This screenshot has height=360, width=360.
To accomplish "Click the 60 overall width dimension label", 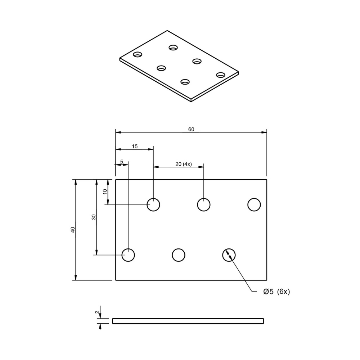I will pos(191,129).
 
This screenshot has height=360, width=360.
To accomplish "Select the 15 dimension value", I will pos(135,146).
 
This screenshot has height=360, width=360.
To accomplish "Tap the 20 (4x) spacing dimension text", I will pos(184,164).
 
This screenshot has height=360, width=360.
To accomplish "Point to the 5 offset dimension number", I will pos(122,162).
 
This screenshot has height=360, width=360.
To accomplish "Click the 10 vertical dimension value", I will pos(105,192).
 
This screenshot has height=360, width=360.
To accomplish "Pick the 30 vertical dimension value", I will pos(94,217).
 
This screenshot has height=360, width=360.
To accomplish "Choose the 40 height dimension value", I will pos(73,230).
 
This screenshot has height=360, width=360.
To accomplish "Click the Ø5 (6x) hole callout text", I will pos(276,292).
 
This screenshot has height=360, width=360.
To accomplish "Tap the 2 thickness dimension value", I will pos(96,312).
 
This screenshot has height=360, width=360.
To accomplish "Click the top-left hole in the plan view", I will pos(153,204).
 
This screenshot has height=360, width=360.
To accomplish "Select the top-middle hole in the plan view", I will pos(204,204).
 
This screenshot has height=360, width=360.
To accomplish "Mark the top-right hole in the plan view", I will pos(254,204).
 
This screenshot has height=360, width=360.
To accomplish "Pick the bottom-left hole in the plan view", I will pos(128,255).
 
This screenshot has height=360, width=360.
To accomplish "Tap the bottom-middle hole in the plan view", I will pos(179,255).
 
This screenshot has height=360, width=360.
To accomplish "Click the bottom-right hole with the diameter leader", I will pos(229,255).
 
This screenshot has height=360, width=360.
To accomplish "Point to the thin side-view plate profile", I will pos(188,321).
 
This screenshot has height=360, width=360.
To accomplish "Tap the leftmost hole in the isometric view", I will pos(138,55).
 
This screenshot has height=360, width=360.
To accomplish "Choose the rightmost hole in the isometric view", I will pos(221,75).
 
